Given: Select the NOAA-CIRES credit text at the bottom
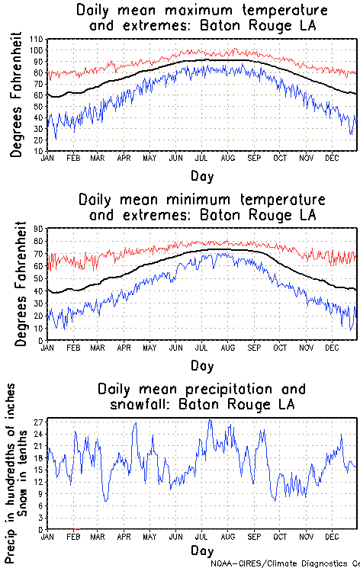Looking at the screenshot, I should tap(284, 563).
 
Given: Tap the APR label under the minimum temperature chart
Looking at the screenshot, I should tap(124, 348).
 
